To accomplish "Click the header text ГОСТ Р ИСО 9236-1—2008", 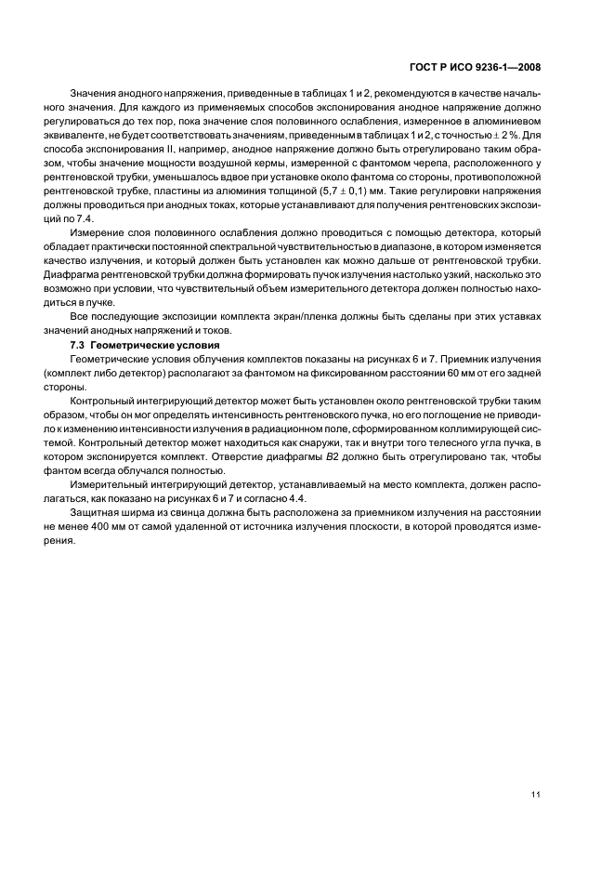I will [475, 67].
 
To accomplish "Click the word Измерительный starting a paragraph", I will [108, 485].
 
